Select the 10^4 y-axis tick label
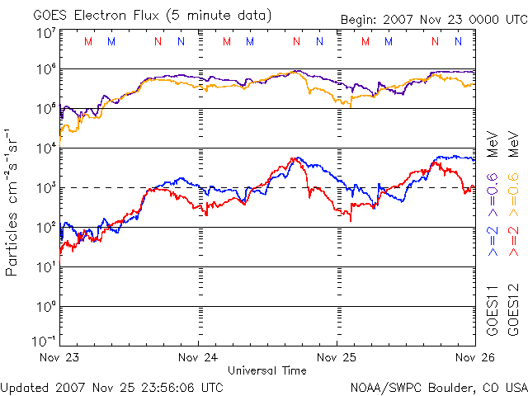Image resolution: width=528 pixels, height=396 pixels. (45, 148)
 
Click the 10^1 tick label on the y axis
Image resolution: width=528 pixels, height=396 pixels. (45, 266)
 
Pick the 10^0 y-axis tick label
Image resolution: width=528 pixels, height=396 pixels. (45, 306)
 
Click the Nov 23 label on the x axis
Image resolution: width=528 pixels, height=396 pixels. (58, 358)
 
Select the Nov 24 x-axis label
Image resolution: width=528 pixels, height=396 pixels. (198, 358)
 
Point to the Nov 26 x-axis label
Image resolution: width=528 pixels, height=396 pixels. (474, 358)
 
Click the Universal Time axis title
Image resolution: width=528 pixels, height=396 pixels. (266, 370)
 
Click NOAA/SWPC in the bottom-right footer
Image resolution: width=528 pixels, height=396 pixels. (381, 387)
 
